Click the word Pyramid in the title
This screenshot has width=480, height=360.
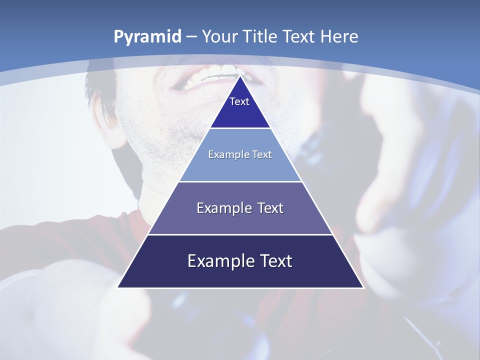click(147, 37)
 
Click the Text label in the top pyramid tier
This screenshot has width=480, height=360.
click(239, 101)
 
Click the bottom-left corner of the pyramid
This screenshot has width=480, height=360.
click(118, 287)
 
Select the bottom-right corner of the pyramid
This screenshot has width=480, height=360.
click(363, 287)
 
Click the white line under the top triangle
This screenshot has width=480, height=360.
click(240, 128)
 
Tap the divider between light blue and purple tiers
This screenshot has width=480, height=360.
click(240, 181)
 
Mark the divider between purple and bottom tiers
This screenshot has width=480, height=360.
click(240, 234)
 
